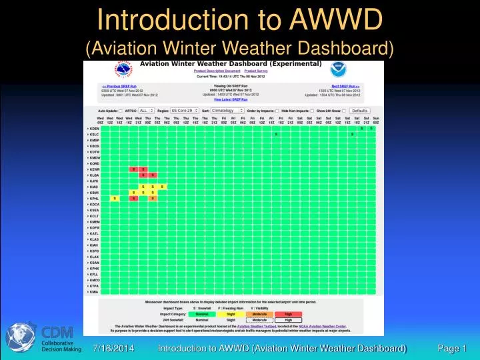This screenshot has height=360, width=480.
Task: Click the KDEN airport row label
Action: [x=93, y=128]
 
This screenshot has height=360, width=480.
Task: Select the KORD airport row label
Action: [x=94, y=163]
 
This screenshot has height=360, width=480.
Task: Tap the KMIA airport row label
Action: [x=93, y=292]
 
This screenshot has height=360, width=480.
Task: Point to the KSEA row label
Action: [x=94, y=210]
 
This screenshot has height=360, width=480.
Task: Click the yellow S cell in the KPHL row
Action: [x=115, y=199]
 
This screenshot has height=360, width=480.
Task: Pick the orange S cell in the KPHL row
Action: [x=133, y=199]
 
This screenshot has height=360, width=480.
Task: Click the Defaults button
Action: [x=360, y=111]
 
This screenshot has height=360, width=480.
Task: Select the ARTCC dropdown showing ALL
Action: [x=146, y=111]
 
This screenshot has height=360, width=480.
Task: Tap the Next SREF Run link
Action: [x=345, y=87]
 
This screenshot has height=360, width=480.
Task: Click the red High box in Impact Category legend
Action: [x=288, y=313]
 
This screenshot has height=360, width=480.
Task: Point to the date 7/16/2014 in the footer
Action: [x=113, y=348]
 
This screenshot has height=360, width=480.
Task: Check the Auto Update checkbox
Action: [x=121, y=111]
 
